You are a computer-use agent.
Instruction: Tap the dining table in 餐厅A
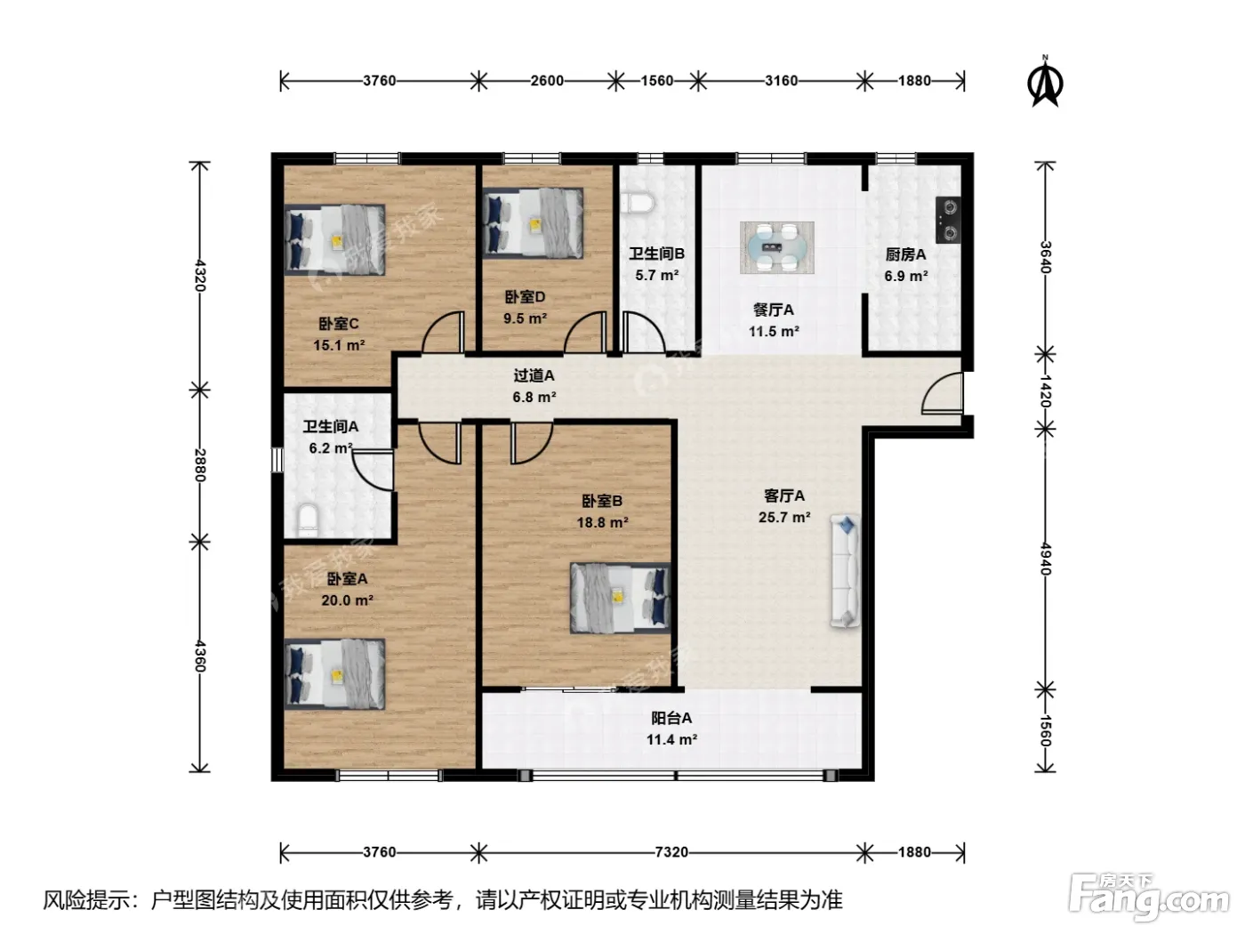pos(776,247)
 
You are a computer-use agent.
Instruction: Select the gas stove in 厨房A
pos(948,220)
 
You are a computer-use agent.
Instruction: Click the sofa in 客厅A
pos(845,570)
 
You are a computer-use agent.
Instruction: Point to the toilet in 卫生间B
pos(637,203)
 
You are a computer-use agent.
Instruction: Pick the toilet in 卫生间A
pos(308,520)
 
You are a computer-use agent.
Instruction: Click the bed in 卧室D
pos(533,223)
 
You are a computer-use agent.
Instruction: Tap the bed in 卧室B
pos(620,598)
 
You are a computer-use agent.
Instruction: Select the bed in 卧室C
pos(334,240)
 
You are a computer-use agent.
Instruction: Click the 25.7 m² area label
pos(783,517)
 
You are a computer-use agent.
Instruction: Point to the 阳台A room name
pos(671,718)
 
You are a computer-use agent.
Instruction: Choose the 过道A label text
pos(534,375)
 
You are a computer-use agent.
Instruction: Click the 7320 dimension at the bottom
pos(671,852)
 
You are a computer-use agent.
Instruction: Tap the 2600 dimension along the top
pos(547,81)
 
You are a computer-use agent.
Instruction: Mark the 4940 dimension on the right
pos(1046,560)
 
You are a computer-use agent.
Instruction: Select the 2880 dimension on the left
pos(200,465)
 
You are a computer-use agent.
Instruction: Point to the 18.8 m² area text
pos(602,522)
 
